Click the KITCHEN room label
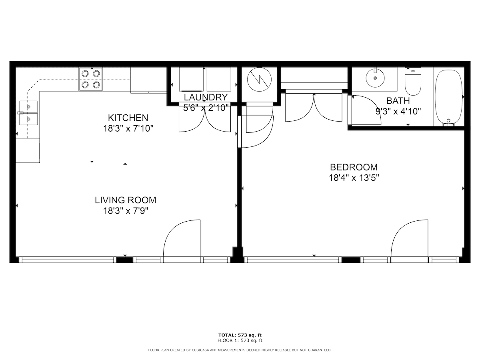128,118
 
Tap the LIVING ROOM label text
126,200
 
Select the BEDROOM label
354,167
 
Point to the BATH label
398,101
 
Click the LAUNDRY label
206,97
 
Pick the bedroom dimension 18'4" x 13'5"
354,178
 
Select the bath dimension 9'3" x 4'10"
398,112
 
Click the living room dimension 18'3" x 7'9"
126,211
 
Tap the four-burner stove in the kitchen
90,79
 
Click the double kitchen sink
28,113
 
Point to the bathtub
448,97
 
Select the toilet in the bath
413,81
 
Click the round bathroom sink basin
375,78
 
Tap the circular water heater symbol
259,79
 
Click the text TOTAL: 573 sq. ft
240,335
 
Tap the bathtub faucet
448,123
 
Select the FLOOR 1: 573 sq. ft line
240,340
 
